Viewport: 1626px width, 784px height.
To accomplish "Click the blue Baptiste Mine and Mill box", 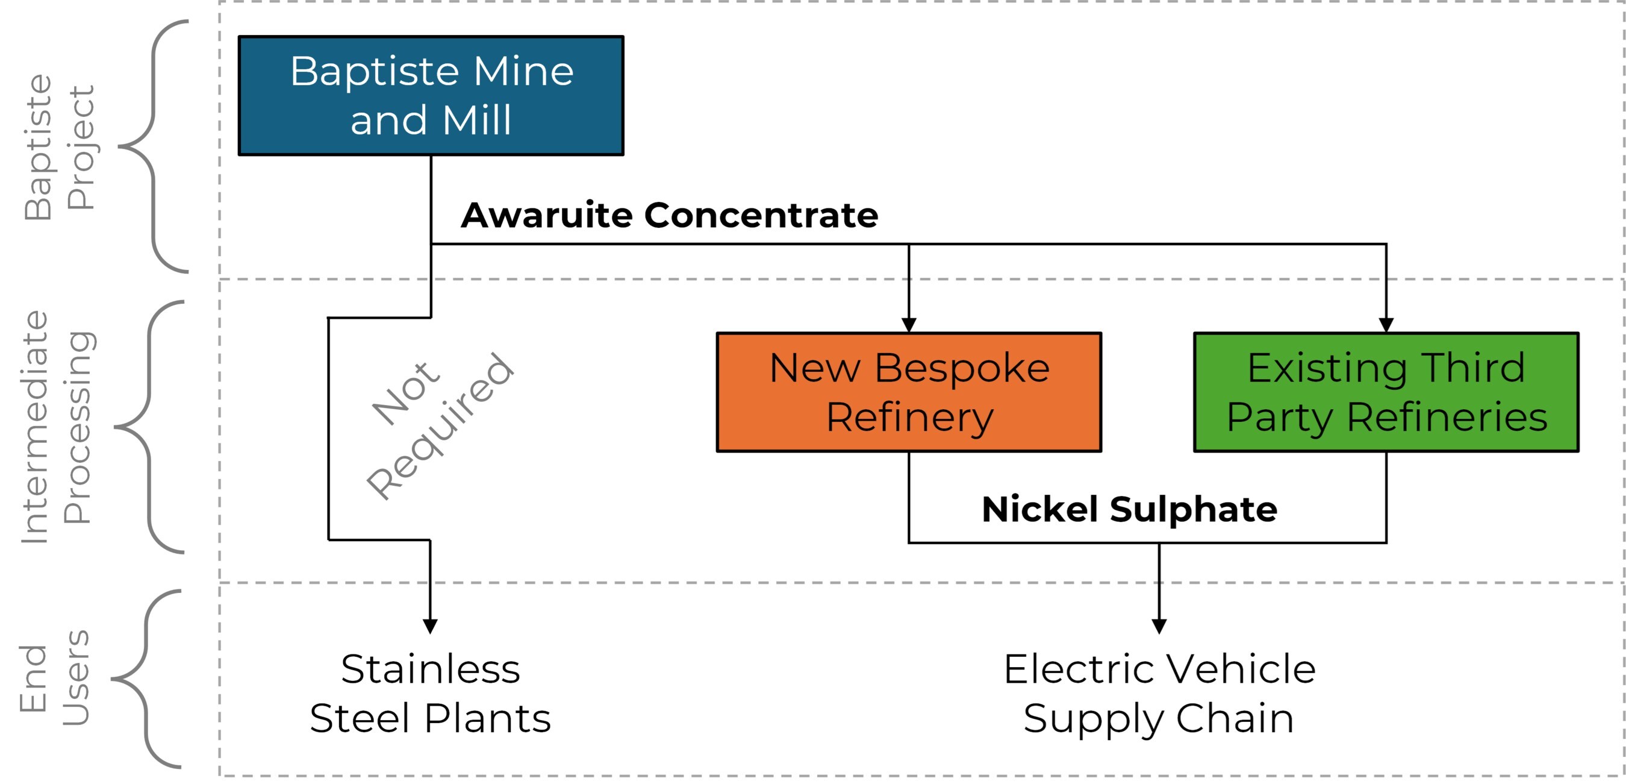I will [431, 95].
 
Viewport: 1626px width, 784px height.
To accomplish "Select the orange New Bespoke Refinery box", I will [909, 392].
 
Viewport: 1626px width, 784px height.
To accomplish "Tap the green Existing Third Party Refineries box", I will [1386, 392].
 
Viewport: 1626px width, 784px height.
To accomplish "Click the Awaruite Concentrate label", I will [669, 215].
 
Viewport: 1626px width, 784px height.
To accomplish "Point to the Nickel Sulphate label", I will [1130, 509].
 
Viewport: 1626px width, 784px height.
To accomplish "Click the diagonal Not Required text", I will [441, 427].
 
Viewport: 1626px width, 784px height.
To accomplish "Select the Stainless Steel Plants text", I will [431, 694].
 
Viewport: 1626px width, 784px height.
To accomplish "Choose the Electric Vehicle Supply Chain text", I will [1159, 694].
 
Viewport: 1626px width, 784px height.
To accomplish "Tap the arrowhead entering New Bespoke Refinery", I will [909, 325].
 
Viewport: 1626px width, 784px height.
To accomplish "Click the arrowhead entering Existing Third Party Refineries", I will [1386, 325].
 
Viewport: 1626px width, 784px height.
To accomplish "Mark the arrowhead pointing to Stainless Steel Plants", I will [431, 626].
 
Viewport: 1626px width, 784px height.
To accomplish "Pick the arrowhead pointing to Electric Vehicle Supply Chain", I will [1159, 626].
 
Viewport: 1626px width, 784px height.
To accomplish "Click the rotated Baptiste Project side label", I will [58, 147].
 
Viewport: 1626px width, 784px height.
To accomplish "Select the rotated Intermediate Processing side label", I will [57, 427].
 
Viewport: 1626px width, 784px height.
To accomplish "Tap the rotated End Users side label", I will [54, 679].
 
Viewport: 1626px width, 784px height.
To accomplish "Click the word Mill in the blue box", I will [476, 120].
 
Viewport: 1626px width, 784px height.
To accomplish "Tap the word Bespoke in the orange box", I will [962, 368].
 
